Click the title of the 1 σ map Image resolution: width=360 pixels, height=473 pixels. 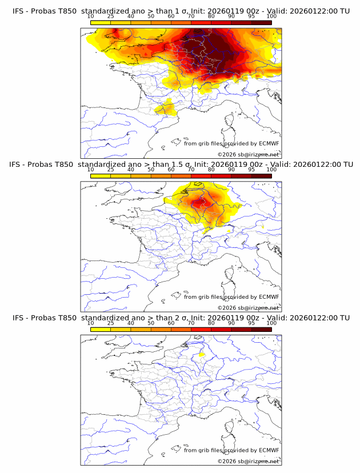[x=181, y=11]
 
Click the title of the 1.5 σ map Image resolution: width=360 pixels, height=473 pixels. [x=181, y=165]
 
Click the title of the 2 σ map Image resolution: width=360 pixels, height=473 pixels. [x=181, y=318]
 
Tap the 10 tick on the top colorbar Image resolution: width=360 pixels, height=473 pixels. [x=91, y=17]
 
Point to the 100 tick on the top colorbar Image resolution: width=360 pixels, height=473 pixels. [x=271, y=17]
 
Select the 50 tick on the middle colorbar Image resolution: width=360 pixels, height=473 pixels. [x=151, y=170]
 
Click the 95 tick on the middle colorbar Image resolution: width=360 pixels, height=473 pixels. [x=251, y=170]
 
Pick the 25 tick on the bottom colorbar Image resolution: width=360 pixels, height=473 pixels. [x=111, y=323]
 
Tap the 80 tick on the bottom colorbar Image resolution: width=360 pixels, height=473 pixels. [x=211, y=323]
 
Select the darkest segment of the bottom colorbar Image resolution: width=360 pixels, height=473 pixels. [x=261, y=330]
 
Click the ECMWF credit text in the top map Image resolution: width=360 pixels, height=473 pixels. [x=231, y=144]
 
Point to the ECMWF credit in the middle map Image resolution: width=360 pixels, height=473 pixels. [x=231, y=297]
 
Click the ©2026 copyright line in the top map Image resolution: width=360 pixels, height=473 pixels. [x=248, y=155]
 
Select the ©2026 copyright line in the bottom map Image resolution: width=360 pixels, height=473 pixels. [x=248, y=461]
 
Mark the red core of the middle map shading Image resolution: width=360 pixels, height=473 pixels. [x=199, y=203]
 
